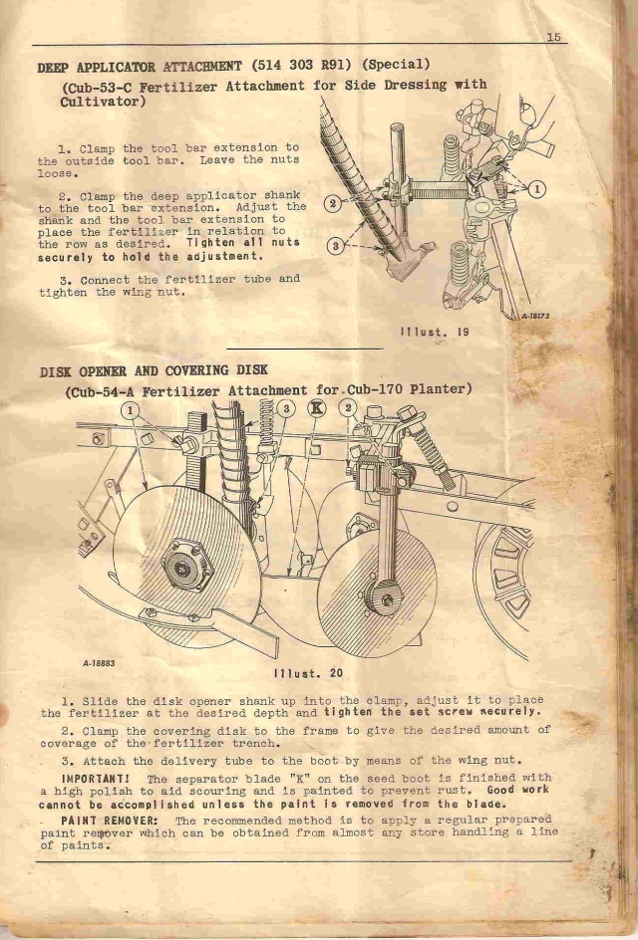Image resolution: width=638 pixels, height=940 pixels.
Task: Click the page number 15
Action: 553,37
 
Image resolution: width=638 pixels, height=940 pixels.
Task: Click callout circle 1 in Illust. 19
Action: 536,189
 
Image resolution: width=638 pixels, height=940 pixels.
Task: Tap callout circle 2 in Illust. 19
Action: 333,203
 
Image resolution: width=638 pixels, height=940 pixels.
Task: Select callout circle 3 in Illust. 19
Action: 336,246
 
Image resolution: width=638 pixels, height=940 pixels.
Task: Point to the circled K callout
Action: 316,408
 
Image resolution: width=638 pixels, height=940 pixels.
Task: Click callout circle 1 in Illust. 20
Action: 131,411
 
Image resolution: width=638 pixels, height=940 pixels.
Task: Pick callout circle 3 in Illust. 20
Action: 287,409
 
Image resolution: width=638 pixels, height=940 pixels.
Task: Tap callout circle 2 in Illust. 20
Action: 348,408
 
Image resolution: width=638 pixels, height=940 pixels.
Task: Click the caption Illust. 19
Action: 435,332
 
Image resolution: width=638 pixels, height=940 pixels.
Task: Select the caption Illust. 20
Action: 308,673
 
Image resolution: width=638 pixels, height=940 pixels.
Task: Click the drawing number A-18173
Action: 535,316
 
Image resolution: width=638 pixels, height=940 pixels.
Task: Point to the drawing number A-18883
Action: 99,663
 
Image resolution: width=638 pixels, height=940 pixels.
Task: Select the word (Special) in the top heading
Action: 397,64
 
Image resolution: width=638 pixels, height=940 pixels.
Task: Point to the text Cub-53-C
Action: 100,88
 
